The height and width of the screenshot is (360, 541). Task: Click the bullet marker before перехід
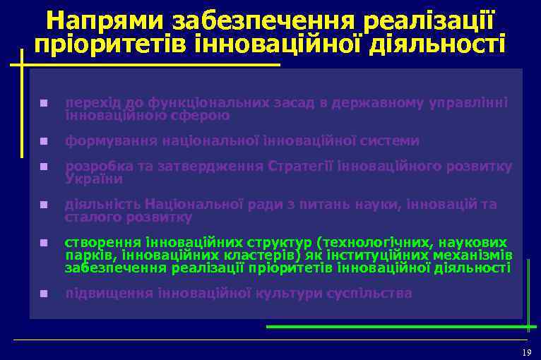pos(44,103)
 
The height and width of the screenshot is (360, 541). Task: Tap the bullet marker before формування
pos(44,141)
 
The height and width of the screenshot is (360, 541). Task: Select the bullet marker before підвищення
pos(44,294)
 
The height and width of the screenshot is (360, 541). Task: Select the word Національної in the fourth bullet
pos(191,205)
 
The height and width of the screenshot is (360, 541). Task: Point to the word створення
pos(101,243)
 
